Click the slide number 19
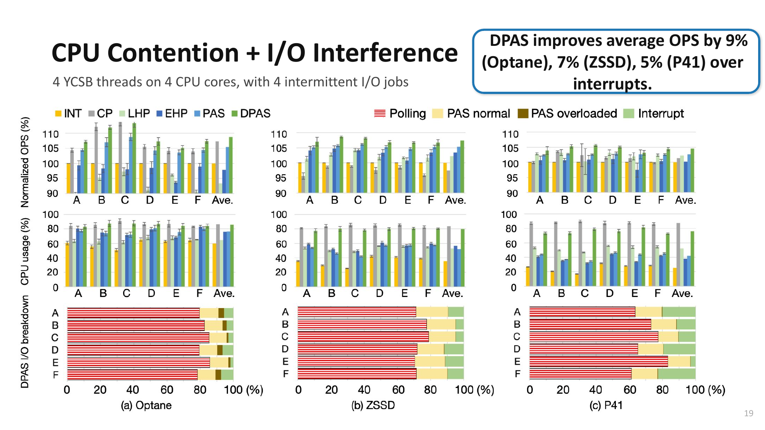click(749, 413)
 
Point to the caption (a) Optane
click(146, 405)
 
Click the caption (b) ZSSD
click(373, 405)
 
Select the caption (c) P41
click(606, 405)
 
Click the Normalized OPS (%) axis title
click(25, 162)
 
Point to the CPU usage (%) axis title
click(25, 252)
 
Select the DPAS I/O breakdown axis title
click(25, 341)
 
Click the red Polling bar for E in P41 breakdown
click(599, 362)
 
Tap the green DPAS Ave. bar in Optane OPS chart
click(231, 165)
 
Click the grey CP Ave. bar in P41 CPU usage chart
click(678, 255)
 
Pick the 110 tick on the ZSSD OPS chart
click(279, 135)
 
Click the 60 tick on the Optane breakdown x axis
click(167, 390)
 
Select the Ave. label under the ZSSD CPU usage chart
click(452, 294)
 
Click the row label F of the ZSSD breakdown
click(285, 374)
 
